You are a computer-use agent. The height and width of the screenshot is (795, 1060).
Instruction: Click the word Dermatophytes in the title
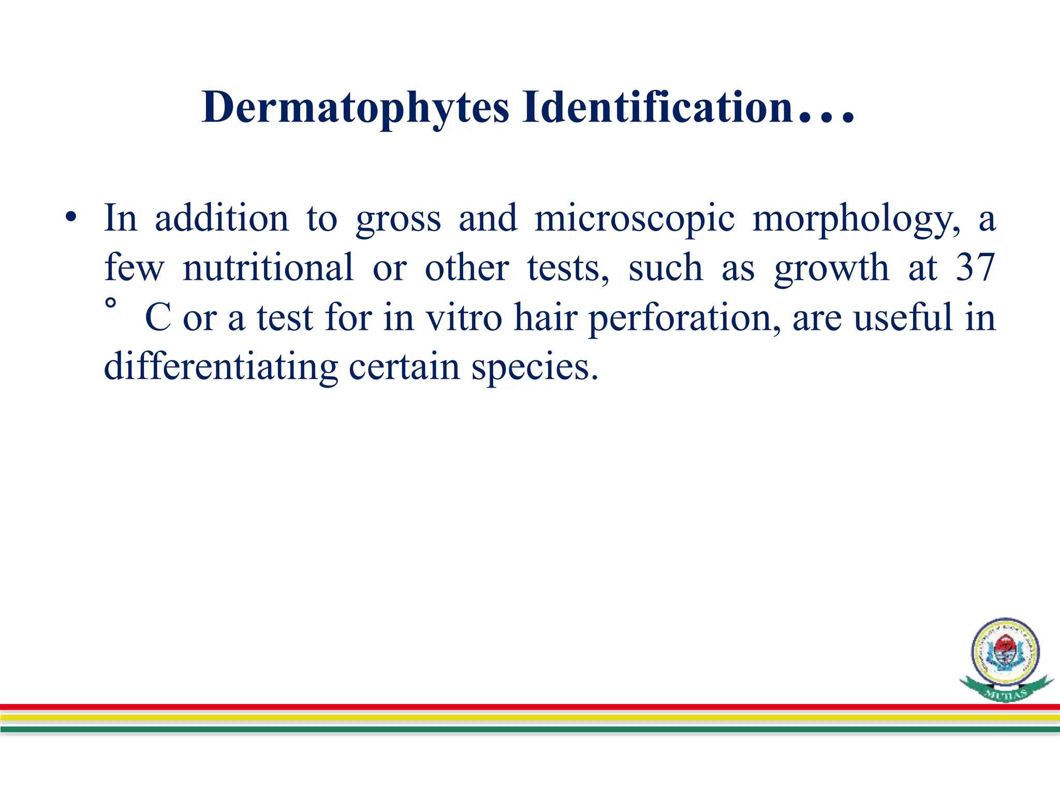point(356,108)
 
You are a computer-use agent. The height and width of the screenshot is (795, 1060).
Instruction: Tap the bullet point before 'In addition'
point(71,217)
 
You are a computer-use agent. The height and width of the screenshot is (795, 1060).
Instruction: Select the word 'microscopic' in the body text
point(634,218)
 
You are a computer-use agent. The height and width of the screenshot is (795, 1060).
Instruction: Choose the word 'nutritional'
point(268,267)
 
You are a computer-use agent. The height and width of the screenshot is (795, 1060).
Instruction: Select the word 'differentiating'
point(221,366)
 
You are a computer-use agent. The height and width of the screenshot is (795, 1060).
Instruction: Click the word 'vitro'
point(464,317)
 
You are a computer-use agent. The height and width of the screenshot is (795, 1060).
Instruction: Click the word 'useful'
point(903,317)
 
